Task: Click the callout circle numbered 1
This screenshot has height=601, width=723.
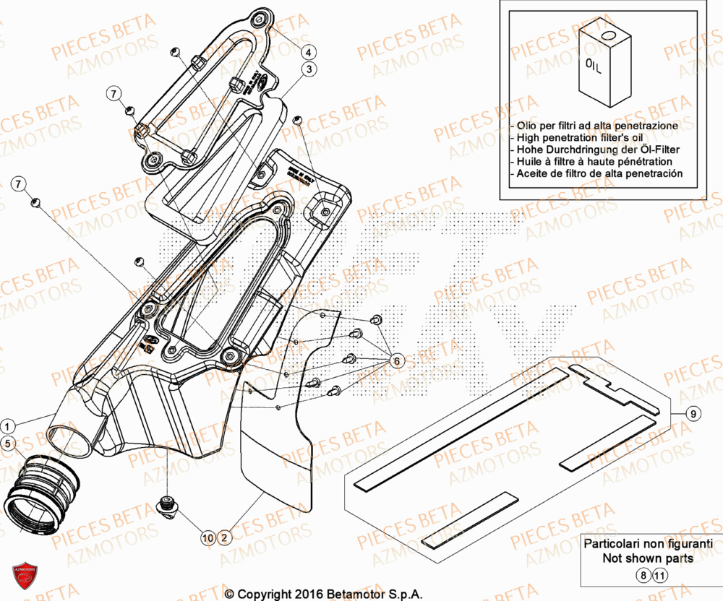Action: (7, 425)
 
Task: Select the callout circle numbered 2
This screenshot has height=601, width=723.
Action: (224, 537)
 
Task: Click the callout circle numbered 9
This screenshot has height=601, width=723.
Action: (692, 414)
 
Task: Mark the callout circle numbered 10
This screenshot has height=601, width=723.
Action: (208, 537)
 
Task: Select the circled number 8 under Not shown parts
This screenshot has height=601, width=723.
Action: (642, 576)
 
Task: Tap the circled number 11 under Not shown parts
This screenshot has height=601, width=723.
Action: (659, 576)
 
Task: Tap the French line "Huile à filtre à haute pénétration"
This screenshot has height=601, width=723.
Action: (593, 162)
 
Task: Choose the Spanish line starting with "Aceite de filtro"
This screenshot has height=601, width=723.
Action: (597, 174)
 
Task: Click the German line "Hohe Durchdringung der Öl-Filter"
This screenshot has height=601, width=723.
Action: (596, 150)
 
